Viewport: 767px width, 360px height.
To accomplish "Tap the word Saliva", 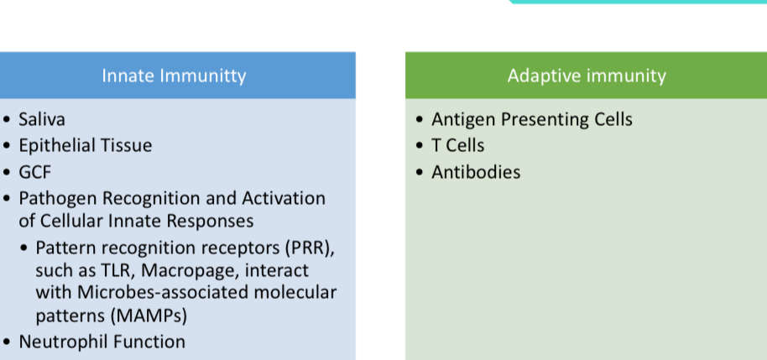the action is pos(42,119).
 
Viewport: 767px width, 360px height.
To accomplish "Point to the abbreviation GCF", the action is pos(34,172).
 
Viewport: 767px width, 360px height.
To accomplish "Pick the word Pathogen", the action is pos(60,199).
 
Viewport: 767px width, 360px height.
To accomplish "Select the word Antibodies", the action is pos(476,172).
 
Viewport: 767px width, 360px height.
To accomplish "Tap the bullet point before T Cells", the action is pos(420,146).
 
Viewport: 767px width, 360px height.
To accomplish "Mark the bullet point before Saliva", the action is pos(7,119).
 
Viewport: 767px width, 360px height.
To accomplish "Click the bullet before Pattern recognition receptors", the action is pos(23,248).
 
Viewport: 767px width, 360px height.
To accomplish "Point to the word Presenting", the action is pos(540,120).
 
